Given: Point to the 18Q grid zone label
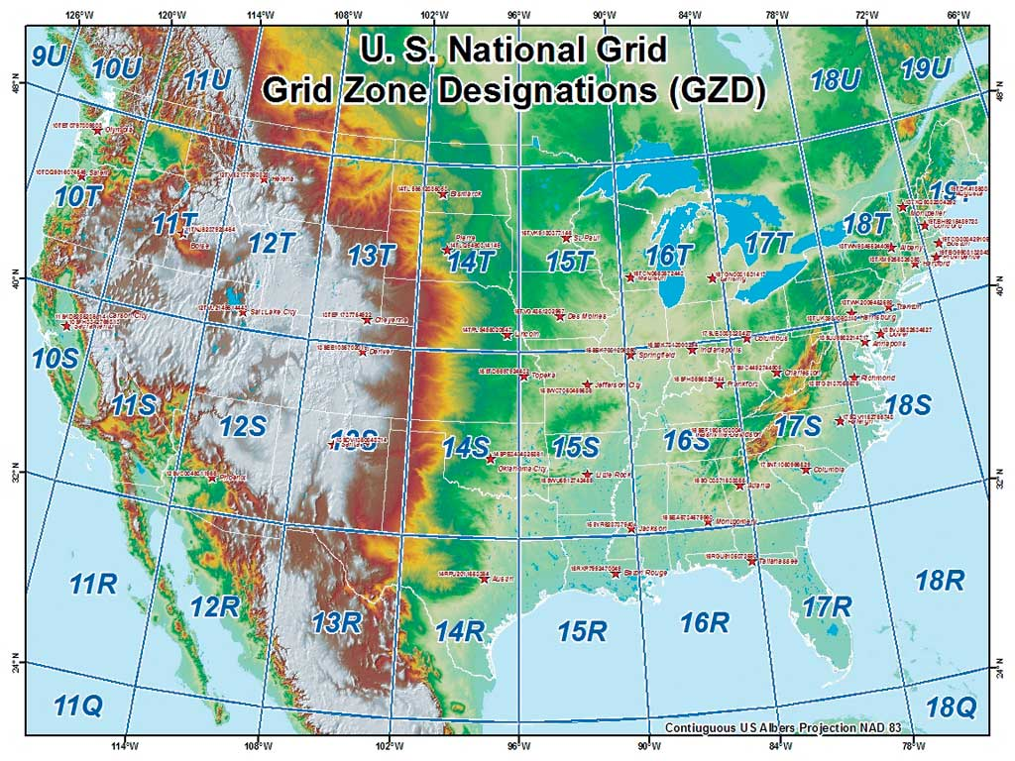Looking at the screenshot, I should (x=952, y=707).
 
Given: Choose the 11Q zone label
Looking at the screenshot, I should (x=77, y=706).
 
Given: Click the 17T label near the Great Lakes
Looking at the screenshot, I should (x=769, y=243).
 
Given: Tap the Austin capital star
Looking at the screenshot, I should (x=484, y=579).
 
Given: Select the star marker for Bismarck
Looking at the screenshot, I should (x=443, y=194).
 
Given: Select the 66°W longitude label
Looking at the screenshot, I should (x=959, y=15).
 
